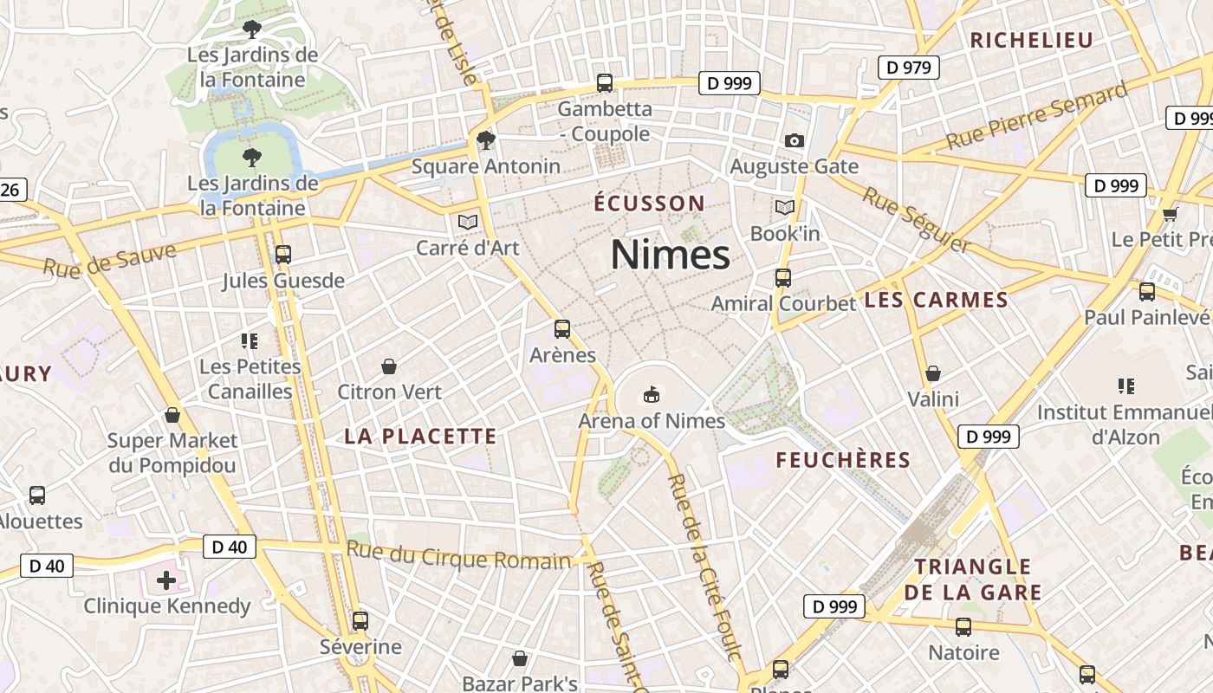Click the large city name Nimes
(x=670, y=255)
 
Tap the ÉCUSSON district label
(x=649, y=204)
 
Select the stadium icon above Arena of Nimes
(x=651, y=395)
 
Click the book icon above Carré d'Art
(x=468, y=222)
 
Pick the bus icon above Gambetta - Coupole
(x=605, y=83)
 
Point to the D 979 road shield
(x=909, y=67)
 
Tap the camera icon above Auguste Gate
(x=794, y=140)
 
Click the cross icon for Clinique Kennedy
(x=166, y=580)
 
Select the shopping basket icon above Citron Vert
(x=389, y=366)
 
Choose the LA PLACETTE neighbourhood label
(x=420, y=436)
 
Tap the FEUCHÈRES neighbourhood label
(x=843, y=460)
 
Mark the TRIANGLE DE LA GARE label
(x=973, y=580)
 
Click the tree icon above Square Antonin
(x=486, y=139)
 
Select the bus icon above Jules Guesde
(x=282, y=255)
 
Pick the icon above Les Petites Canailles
(x=250, y=341)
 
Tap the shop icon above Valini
(x=933, y=373)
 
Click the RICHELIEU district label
(x=1031, y=40)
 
